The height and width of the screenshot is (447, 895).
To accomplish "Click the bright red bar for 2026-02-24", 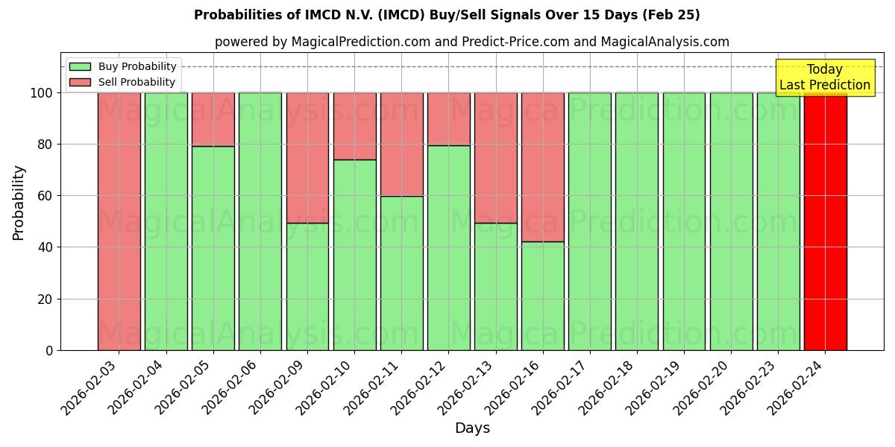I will click(825, 221).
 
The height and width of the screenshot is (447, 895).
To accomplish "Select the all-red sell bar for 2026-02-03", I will click(119, 221).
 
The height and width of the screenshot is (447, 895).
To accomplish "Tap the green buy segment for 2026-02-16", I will click(542, 296).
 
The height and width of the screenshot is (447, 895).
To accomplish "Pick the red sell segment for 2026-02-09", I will click(307, 158).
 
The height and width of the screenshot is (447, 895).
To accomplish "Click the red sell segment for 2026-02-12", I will click(448, 119).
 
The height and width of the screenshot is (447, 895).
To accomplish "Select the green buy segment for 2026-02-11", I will click(401, 273).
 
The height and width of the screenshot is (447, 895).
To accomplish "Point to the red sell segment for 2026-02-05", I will click(213, 119).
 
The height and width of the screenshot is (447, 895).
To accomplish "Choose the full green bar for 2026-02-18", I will click(637, 221).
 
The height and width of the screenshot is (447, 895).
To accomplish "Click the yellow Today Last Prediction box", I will click(824, 77).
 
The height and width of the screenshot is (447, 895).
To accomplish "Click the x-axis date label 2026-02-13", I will click(468, 387).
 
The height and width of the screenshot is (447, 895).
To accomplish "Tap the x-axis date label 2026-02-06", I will click(232, 387).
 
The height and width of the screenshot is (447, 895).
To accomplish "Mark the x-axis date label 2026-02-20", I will click(703, 387).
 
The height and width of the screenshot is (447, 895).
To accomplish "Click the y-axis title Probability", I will click(19, 202).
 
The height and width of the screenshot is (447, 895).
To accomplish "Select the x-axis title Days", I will click(472, 428).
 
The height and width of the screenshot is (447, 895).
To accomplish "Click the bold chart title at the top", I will click(447, 15).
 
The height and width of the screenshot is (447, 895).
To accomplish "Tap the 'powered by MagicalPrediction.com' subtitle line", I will click(471, 42).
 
